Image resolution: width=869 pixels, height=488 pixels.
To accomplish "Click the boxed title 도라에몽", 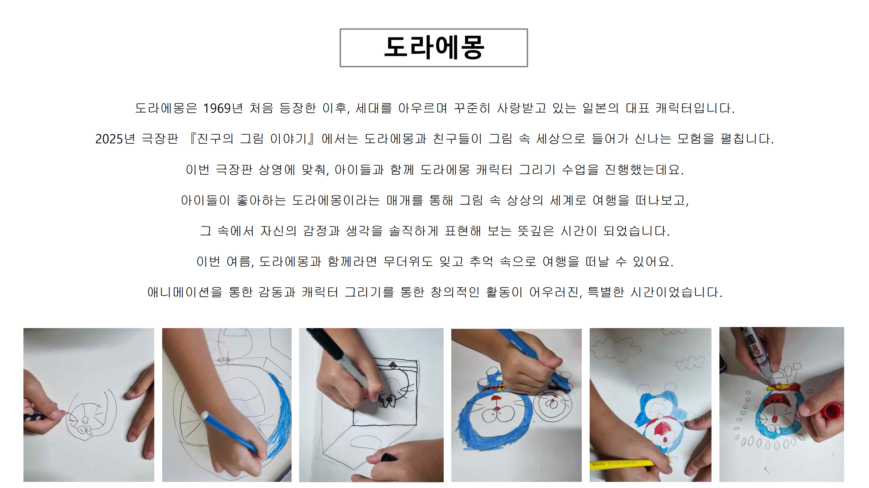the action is pyautogui.click(x=434, y=48).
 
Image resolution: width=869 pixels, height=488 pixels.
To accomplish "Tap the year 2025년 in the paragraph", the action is pyautogui.click(x=115, y=139).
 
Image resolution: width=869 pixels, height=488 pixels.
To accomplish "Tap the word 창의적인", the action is pyautogui.click(x=455, y=292).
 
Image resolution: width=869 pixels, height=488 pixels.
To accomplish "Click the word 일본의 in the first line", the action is pyautogui.click(x=600, y=108).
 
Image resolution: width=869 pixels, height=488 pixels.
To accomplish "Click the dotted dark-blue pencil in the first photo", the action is pyautogui.click(x=35, y=417).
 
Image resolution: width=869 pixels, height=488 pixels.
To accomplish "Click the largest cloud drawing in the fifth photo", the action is pyautogui.click(x=614, y=349).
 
